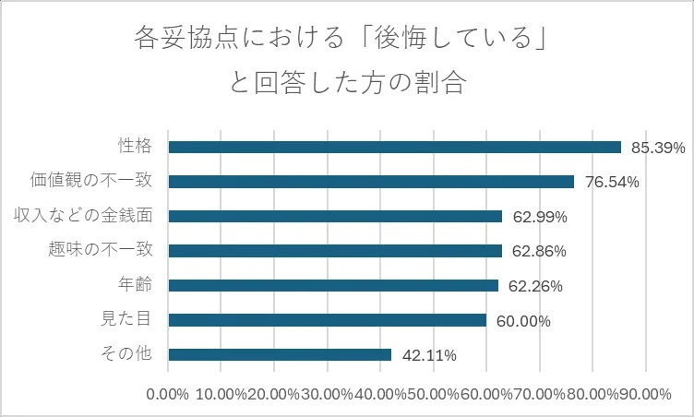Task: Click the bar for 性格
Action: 395,147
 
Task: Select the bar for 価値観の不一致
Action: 371,182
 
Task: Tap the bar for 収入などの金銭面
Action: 335,216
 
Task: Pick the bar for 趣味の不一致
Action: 335,251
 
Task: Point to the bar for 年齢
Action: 333,285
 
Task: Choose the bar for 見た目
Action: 328,320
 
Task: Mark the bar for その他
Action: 280,354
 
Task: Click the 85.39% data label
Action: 657,148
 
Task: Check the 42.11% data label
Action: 427,355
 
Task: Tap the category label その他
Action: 130,353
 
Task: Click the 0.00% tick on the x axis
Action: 168,394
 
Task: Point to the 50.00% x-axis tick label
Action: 434,394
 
